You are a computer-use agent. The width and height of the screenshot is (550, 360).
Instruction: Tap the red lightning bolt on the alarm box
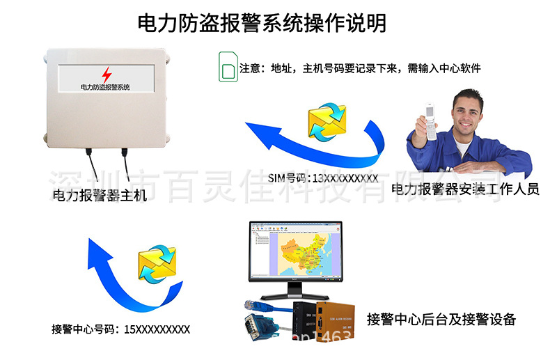(106, 75)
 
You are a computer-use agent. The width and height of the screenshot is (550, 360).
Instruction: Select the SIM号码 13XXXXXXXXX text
(322, 179)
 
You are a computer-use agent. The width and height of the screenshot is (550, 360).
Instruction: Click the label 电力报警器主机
(100, 196)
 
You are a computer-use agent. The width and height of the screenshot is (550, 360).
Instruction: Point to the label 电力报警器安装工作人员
(465, 188)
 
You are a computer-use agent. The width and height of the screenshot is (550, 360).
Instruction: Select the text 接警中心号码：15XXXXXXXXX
(120, 329)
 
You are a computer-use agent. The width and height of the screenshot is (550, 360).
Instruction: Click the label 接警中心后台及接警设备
(441, 320)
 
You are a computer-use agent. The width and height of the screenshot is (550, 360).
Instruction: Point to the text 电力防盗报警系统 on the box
(105, 87)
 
